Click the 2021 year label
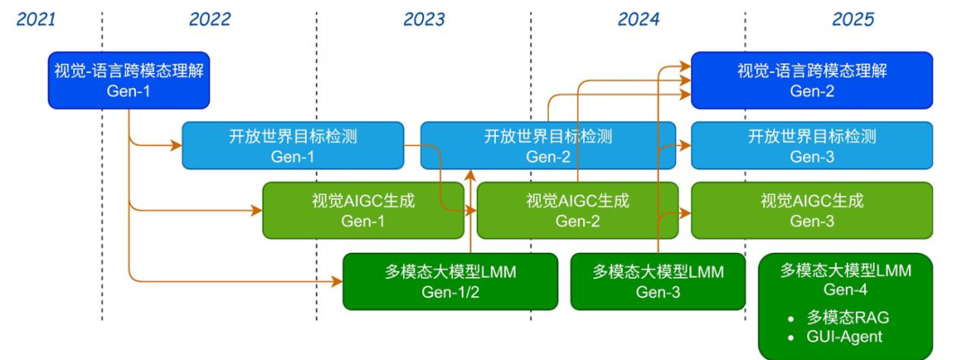tap(36, 19)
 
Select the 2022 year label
tap(210, 19)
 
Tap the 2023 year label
tap(424, 19)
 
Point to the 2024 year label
tap(638, 19)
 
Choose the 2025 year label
tap(853, 19)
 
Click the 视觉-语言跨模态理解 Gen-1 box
tap(129, 80)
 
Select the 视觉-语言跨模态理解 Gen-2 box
tap(812, 80)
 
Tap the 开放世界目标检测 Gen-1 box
tap(292, 145)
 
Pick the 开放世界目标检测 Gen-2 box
tap(548, 145)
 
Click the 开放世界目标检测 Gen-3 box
tap(812, 145)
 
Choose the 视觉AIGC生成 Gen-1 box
tap(364, 210)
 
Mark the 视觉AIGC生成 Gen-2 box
tap(578, 210)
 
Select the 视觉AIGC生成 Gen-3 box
tap(812, 210)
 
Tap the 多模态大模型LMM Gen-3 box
tap(658, 282)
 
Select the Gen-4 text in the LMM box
tap(845, 290)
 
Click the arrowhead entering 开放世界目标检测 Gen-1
tap(176, 146)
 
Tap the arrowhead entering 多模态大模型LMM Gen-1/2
tap(337, 282)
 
